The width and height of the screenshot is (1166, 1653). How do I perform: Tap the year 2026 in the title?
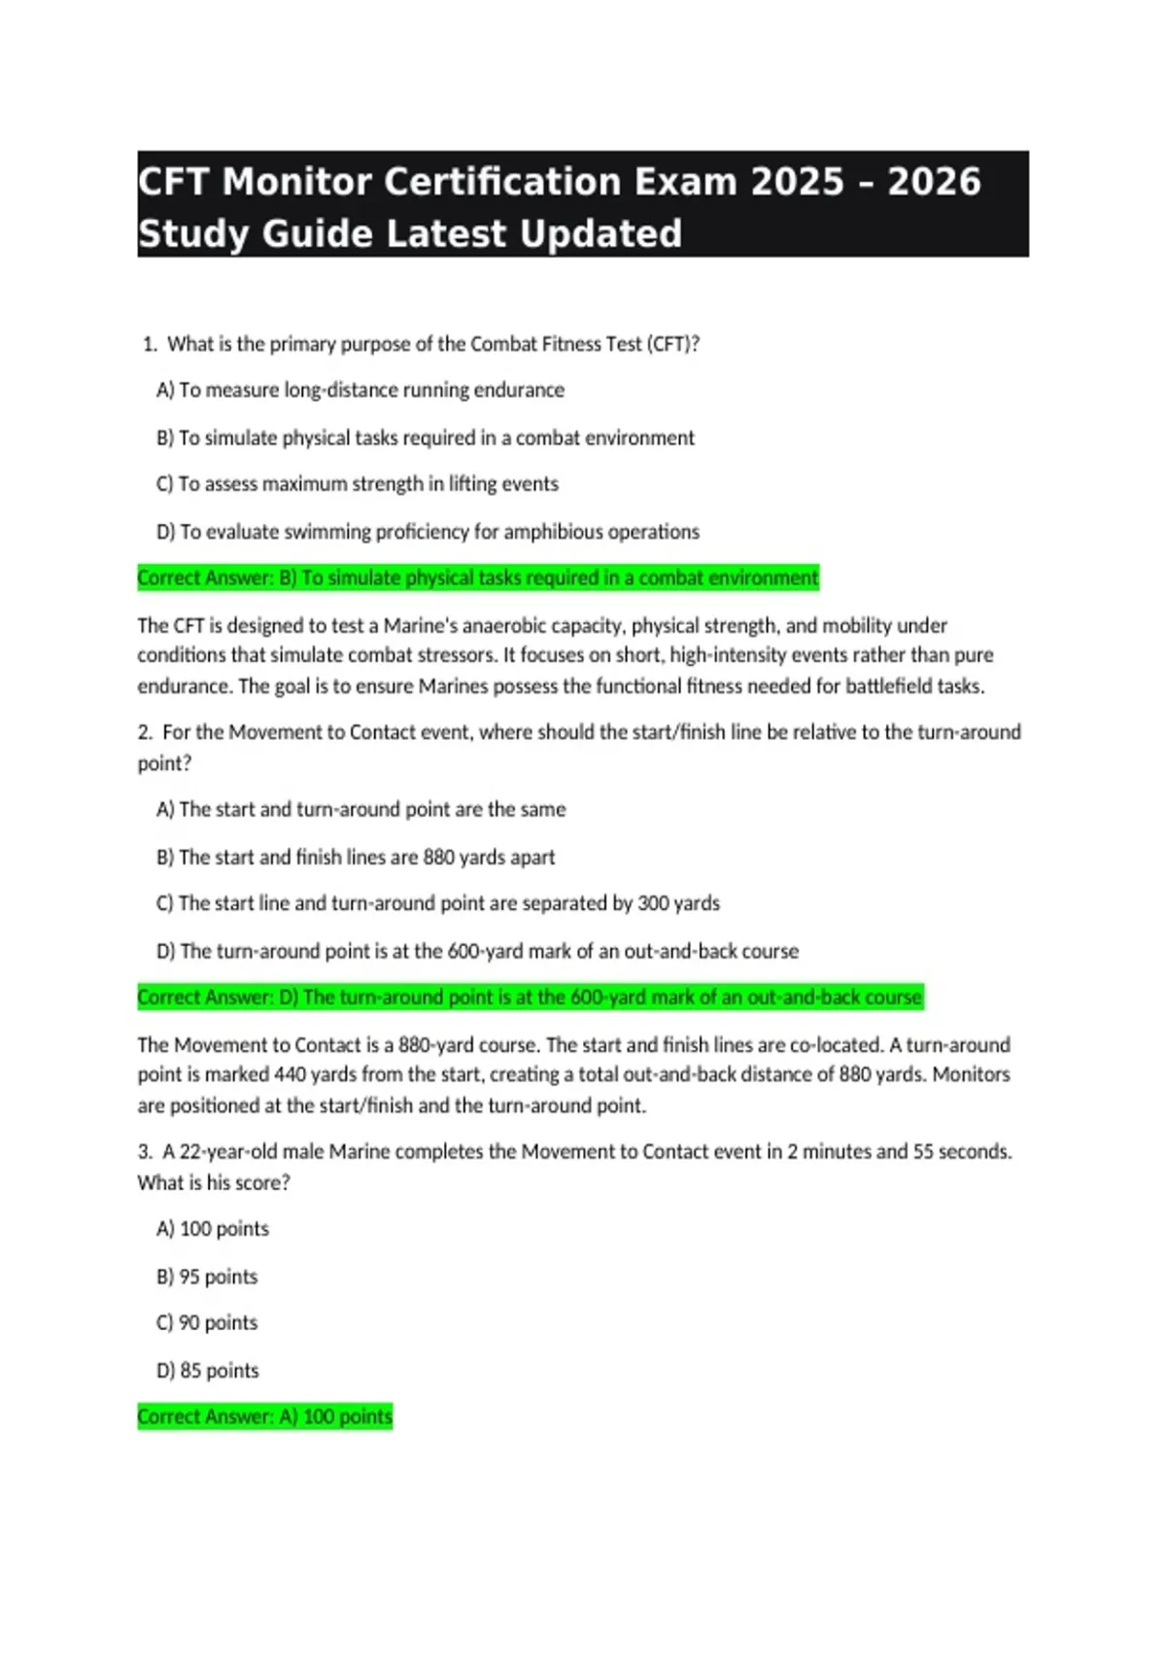pos(934,182)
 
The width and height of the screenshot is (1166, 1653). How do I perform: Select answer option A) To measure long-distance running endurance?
pos(360,390)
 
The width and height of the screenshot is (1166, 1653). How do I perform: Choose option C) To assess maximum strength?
pos(358,484)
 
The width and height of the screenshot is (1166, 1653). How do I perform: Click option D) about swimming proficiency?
pos(428,532)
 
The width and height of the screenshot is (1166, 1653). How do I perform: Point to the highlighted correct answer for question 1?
pos(478,578)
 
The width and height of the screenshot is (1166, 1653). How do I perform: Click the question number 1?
pos(149,344)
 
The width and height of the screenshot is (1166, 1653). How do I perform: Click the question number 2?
pos(145,732)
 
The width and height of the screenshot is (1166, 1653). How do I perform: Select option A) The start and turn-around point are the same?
pos(360,809)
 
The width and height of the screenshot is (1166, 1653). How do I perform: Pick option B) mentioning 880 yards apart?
pos(356,857)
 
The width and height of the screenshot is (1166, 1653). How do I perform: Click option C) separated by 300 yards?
pos(438,903)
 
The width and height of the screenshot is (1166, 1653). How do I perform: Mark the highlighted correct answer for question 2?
pos(530,998)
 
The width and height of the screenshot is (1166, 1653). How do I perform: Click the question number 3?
pos(145,1152)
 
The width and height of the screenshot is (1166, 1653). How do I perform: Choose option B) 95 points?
pos(207,1277)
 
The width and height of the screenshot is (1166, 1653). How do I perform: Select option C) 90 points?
pos(207,1323)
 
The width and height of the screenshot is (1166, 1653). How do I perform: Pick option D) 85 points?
pos(208,1371)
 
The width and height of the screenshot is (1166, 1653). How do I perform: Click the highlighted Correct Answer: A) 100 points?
pos(264,1417)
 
